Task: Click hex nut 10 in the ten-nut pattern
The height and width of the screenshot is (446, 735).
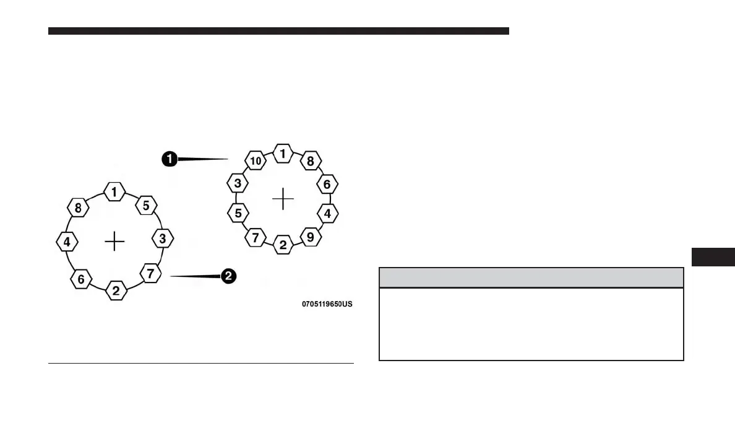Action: coord(256,161)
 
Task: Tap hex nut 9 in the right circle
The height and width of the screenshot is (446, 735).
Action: coord(311,236)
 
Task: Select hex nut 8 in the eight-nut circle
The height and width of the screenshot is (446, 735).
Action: coord(78,209)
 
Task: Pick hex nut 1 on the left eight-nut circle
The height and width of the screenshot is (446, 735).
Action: coord(114,192)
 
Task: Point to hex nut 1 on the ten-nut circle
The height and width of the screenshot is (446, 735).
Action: coord(283,154)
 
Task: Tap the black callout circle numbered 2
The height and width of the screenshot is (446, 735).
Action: coord(228,277)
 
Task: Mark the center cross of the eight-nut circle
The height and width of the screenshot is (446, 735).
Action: coord(114,241)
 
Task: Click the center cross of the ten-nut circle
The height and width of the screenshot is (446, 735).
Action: coord(283,199)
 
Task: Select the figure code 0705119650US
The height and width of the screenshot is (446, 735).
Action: coord(327,305)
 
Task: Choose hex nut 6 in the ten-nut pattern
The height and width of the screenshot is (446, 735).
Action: coord(327,184)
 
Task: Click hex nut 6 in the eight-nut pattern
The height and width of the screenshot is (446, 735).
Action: coord(81,279)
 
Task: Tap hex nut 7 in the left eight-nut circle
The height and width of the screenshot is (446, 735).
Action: coord(150,273)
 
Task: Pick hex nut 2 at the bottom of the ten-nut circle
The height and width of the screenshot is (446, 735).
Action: coord(283,245)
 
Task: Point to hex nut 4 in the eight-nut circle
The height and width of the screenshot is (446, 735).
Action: coord(67,242)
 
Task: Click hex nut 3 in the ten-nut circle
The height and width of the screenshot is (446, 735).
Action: coord(238,184)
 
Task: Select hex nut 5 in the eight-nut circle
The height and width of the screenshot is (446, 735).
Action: coord(146,206)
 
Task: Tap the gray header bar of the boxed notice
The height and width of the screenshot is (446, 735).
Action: coord(531,278)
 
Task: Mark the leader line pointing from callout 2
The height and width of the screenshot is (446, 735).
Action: coord(195,276)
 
